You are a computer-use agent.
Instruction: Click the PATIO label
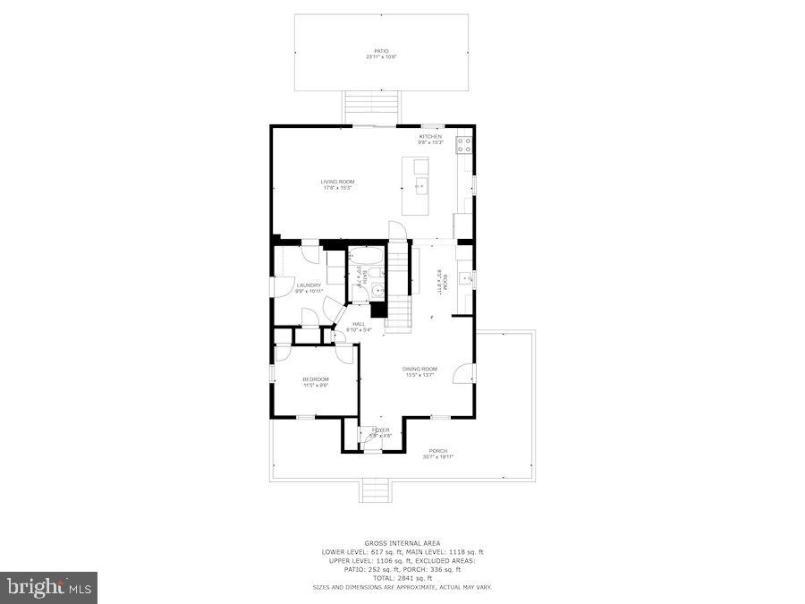coord(381,53)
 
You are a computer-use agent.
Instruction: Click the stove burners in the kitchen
coord(464,145)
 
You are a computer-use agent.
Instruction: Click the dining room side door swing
coord(465,373)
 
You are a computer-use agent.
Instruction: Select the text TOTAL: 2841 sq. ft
coord(402,577)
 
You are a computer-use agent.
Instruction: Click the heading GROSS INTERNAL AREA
coord(402,543)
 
